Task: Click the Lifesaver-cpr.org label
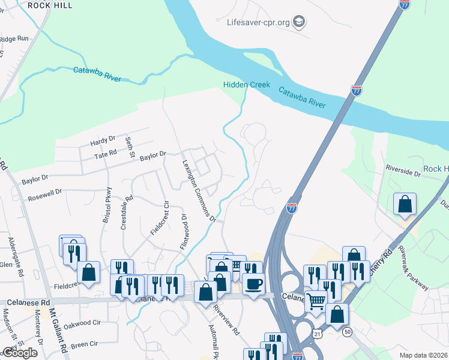click(259, 23)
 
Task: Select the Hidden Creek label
click(247, 85)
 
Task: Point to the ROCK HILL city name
click(50, 5)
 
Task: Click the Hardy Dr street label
click(102, 142)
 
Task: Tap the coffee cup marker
click(253, 283)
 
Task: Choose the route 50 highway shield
click(347, 331)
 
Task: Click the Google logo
click(20, 353)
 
